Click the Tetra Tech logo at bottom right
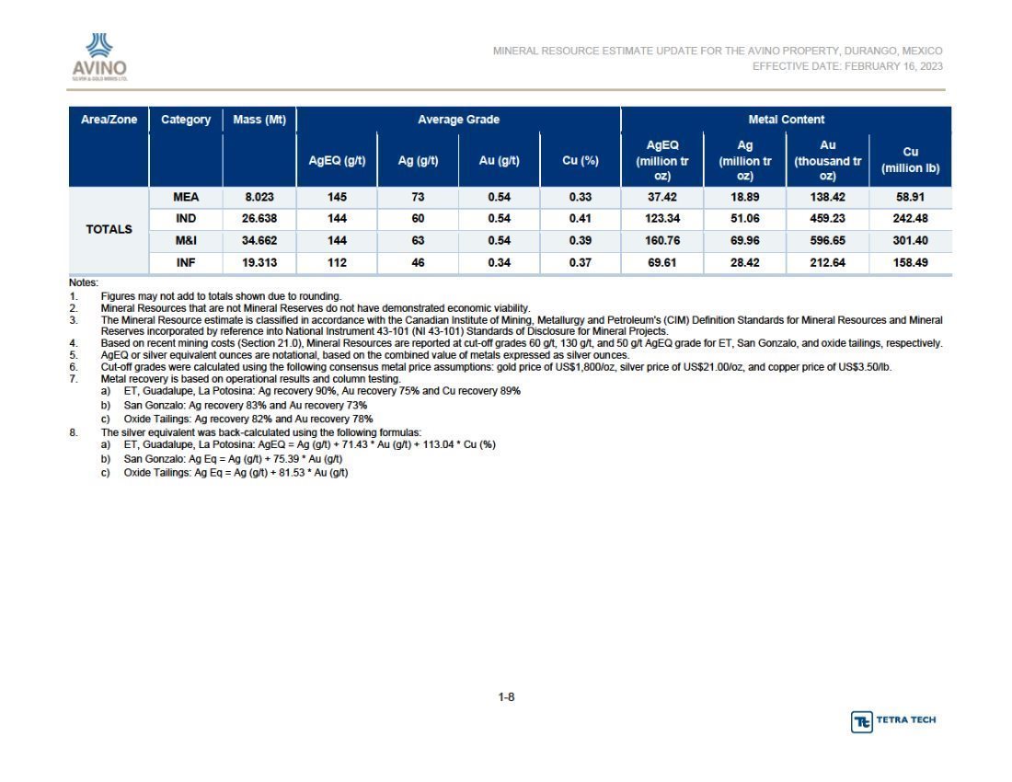(x=893, y=720)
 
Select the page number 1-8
(x=506, y=696)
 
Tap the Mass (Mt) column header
(x=259, y=120)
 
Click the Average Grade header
(x=458, y=120)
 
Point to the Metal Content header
(x=786, y=120)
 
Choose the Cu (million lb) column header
(x=910, y=160)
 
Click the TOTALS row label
(x=109, y=229)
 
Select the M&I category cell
(x=186, y=241)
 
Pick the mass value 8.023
(x=259, y=198)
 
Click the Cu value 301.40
(x=910, y=241)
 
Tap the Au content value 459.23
(x=827, y=219)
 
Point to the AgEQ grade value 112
(x=337, y=262)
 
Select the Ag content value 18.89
(x=745, y=198)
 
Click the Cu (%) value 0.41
(x=581, y=219)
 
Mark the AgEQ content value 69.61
(x=662, y=262)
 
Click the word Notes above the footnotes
(x=83, y=282)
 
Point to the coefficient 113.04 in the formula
(x=437, y=444)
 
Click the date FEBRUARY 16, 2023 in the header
(x=893, y=66)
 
